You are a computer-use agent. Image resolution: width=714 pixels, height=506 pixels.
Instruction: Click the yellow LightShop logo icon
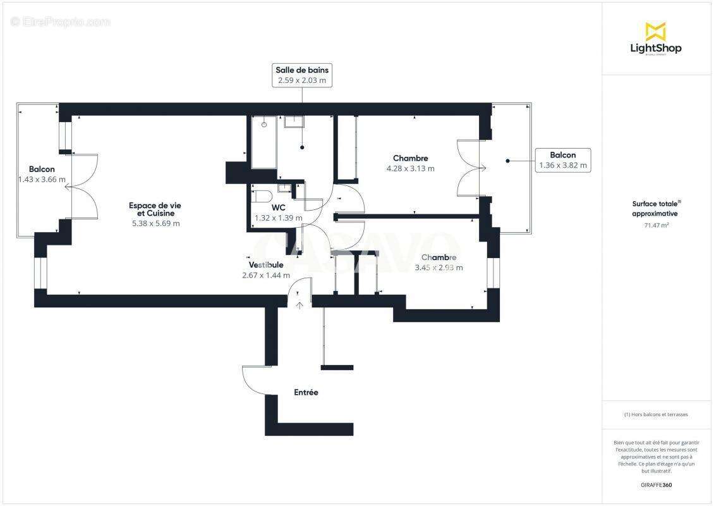click(655, 32)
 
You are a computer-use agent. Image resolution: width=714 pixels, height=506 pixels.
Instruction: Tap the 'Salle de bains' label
click(301, 70)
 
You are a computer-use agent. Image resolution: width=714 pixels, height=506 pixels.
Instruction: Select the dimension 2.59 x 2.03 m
click(301, 81)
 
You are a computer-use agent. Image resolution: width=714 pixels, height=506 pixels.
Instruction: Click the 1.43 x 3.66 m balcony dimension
click(42, 180)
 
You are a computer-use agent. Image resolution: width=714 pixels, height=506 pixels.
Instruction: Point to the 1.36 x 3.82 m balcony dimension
click(562, 166)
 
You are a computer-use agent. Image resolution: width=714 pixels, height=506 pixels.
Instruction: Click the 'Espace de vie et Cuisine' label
click(151, 209)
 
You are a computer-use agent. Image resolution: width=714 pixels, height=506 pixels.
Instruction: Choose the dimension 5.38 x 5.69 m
click(151, 223)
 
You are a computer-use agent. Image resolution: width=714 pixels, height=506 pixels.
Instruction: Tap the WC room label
click(278, 207)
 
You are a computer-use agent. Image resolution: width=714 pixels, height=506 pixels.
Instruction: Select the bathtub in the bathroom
click(263, 142)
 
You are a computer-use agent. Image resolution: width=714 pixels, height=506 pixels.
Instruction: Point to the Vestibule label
click(265, 264)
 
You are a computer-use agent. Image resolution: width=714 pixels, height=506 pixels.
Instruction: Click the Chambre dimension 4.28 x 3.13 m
click(410, 169)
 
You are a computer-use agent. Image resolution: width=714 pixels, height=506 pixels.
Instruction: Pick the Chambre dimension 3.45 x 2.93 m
click(439, 268)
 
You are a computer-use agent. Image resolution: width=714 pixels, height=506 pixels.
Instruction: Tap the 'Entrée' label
click(306, 392)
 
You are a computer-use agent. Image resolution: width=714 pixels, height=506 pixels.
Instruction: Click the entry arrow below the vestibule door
click(299, 305)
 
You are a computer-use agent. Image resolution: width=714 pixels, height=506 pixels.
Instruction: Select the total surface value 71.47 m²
click(656, 225)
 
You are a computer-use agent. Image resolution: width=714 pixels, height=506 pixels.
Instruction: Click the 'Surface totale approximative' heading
click(656, 209)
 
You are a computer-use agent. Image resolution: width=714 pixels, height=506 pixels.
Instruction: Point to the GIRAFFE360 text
click(656, 485)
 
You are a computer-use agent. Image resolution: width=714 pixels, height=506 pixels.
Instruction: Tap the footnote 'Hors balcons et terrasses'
click(656, 414)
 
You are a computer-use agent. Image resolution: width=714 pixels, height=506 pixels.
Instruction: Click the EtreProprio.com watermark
click(61, 22)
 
